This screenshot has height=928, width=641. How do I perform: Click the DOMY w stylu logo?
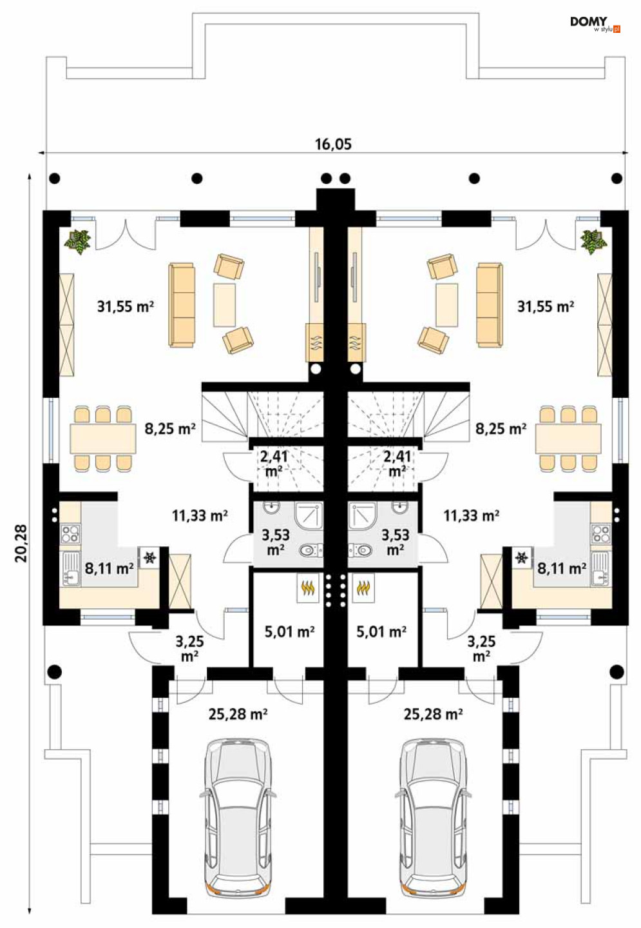point(595,25)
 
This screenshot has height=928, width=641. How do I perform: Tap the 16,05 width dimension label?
point(333,144)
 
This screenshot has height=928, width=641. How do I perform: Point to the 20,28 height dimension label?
point(21,543)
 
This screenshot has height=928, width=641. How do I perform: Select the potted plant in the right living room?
point(593,242)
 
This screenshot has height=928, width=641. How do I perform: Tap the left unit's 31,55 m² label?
point(126,306)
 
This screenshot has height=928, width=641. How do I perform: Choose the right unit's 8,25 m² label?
point(501,428)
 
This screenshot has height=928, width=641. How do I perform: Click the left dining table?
point(103,439)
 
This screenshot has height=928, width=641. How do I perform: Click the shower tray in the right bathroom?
point(363,516)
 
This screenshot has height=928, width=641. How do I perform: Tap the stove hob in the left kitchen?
point(70,533)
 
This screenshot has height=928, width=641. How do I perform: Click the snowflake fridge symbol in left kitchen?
point(149,558)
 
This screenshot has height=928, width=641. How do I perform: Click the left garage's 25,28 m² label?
point(238,714)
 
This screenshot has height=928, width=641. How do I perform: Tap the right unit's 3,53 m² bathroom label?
point(396,542)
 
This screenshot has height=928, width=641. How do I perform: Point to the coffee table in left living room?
point(224,304)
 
